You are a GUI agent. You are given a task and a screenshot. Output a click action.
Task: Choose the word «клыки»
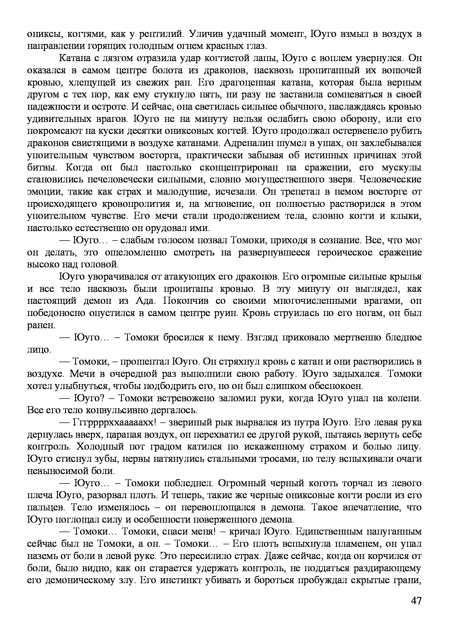click(407, 216)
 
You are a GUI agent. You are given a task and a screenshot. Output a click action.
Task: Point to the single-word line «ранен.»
click(41, 326)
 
